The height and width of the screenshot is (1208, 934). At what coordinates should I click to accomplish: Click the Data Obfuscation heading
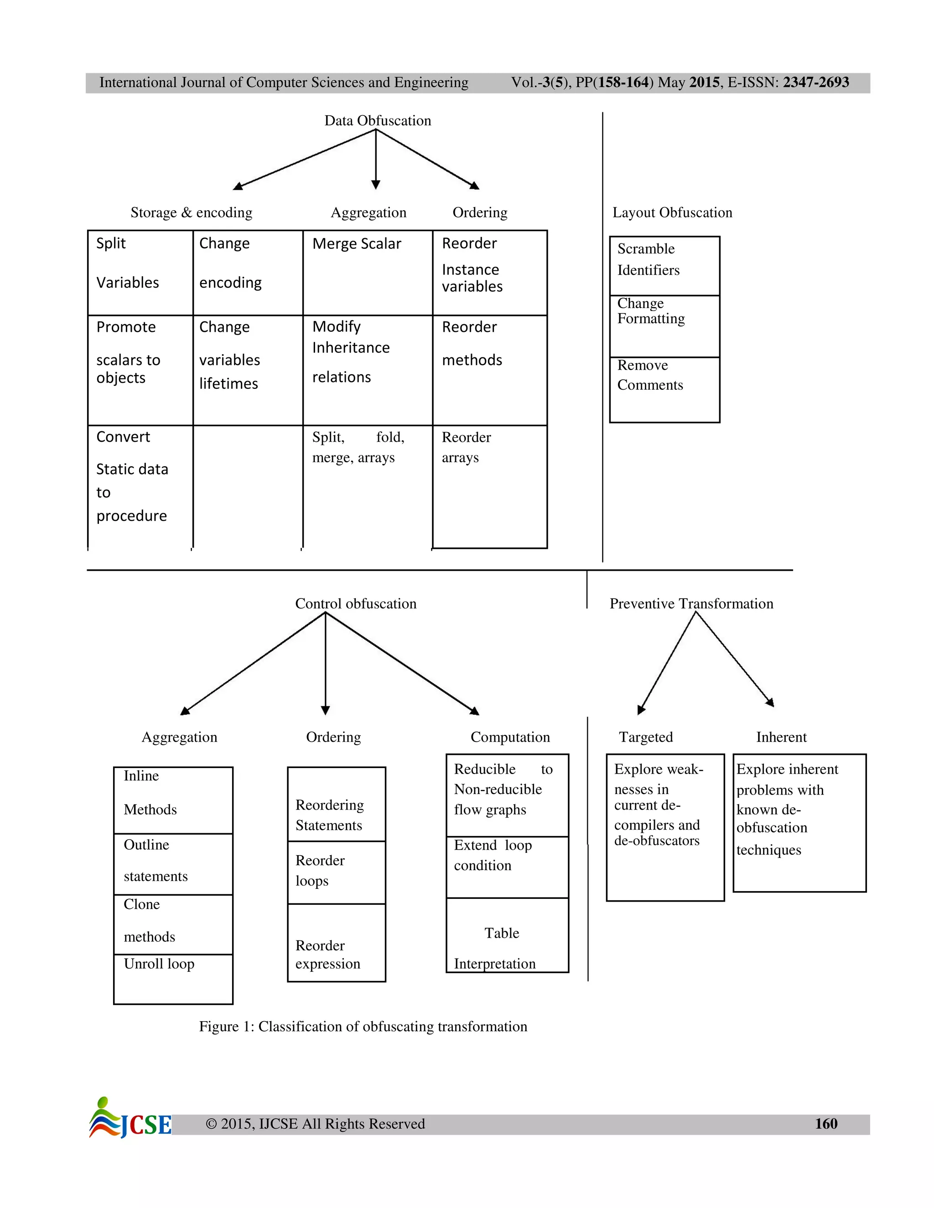[x=377, y=121]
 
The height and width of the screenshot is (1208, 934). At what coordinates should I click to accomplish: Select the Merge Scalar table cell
[x=368, y=272]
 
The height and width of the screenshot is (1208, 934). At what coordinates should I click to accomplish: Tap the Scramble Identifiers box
[x=664, y=265]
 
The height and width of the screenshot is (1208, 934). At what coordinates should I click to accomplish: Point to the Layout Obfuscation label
[x=672, y=212]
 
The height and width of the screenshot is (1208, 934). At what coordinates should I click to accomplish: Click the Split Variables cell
[x=140, y=272]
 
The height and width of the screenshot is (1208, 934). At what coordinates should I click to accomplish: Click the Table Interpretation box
[x=507, y=935]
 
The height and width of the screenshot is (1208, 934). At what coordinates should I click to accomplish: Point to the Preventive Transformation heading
[x=691, y=604]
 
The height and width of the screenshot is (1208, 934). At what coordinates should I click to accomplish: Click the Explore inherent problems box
[x=799, y=822]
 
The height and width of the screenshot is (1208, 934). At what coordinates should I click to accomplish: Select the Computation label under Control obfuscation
[x=509, y=737]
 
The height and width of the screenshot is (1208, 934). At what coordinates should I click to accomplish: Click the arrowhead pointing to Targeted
[x=641, y=710]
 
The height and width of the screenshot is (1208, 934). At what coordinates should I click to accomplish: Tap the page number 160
[x=825, y=1123]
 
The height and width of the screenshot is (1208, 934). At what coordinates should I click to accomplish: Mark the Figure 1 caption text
[x=363, y=1027]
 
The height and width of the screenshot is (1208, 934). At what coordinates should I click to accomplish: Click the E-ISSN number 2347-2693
[x=815, y=83]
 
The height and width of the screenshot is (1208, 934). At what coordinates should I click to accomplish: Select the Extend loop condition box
[x=507, y=867]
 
